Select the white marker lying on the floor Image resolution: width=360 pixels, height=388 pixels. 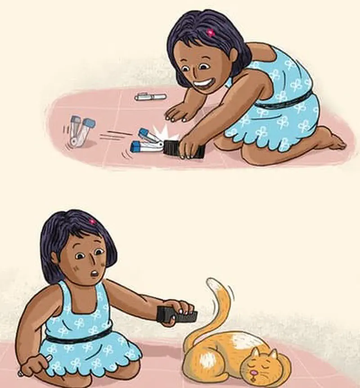150,96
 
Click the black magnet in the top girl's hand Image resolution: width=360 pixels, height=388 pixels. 184,149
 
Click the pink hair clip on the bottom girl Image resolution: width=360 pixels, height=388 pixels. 92,221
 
